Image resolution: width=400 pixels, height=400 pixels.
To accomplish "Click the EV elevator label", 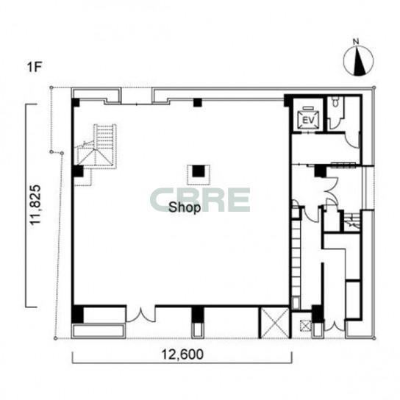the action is click(308, 120).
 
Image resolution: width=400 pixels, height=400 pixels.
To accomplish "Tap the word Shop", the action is click(185, 207).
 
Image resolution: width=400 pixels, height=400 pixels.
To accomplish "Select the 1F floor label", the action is click(35, 67).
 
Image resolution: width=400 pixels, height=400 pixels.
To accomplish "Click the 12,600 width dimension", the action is click(182, 354).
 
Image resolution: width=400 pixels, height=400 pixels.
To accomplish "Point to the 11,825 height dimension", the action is click(35, 204).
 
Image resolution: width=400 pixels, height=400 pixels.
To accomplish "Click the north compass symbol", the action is click(359, 61).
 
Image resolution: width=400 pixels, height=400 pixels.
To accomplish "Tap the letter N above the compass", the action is click(356, 42).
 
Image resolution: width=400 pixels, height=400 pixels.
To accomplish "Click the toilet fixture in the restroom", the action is click(336, 102).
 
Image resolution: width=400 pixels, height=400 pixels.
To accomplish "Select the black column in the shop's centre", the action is click(199, 171).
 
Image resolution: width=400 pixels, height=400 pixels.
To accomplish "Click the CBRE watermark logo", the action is click(200, 200).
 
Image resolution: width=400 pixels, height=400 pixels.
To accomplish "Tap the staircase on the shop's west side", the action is click(96, 146).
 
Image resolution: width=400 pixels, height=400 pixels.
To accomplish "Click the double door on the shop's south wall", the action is click(140, 315).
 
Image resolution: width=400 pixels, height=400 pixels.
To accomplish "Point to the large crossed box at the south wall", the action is click(274, 323).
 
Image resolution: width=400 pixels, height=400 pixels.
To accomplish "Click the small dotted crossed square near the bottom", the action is click(306, 325).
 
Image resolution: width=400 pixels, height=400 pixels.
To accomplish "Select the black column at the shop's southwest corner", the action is click(77, 314).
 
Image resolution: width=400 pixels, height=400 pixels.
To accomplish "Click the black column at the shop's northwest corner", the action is click(76, 102).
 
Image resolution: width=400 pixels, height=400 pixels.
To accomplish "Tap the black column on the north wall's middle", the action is click(198, 102).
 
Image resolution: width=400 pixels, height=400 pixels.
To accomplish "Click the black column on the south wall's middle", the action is click(198, 314).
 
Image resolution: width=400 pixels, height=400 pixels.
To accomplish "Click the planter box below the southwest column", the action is click(99, 331).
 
